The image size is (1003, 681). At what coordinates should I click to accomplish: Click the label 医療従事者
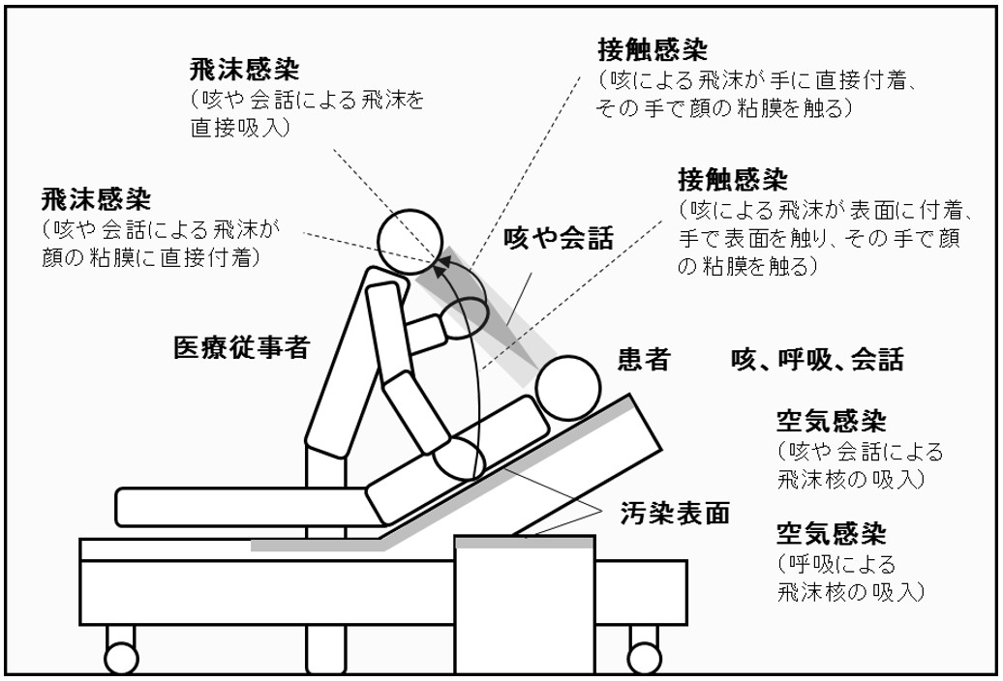point(241,347)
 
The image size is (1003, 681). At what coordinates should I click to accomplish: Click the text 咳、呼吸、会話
point(817,361)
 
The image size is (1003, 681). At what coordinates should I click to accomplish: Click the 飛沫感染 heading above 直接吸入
point(244,72)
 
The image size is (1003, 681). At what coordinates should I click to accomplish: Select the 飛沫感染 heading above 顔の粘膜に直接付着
point(95,199)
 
